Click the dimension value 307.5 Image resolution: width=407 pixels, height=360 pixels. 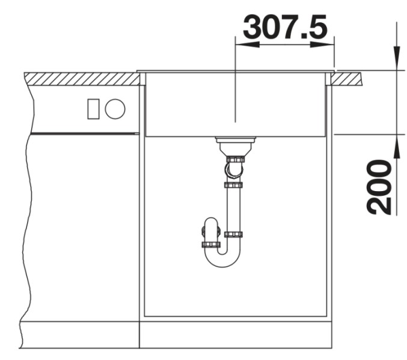click(x=285, y=28)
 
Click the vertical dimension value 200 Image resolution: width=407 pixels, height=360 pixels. click(x=380, y=187)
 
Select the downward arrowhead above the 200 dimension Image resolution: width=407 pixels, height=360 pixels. click(x=396, y=57)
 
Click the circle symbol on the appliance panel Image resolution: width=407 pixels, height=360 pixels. click(x=115, y=109)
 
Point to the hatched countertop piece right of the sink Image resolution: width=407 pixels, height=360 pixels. click(x=348, y=78)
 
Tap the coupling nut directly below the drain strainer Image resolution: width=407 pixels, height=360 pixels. click(x=234, y=160)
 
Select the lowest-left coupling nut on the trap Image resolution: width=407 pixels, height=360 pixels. click(x=210, y=245)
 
